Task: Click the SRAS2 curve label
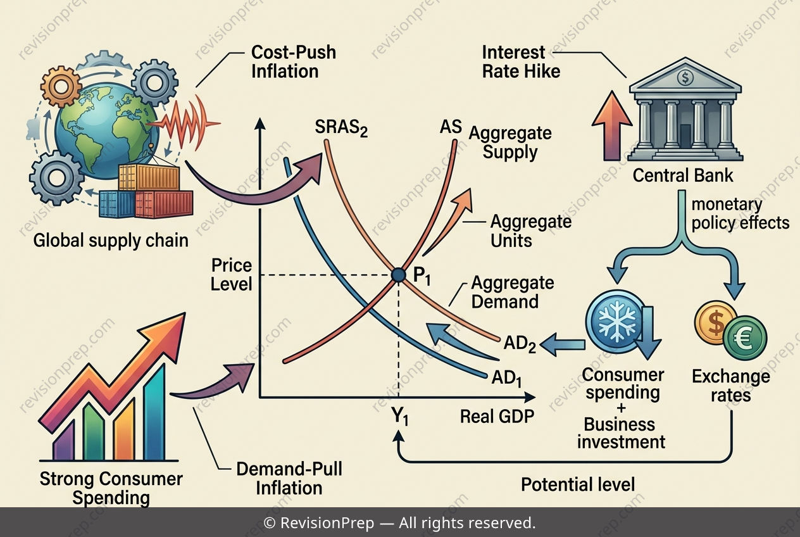coord(341,129)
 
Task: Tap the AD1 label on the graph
coord(507,378)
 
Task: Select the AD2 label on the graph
coord(520,344)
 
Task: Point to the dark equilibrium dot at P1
coord(398,275)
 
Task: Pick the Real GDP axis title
coord(497,417)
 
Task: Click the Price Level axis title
coord(232,275)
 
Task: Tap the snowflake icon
coord(617,320)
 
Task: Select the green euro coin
coord(746,338)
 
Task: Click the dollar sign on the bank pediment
coord(685,77)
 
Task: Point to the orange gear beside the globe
coord(61,86)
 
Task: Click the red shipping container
coord(164,205)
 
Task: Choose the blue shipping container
coord(117,205)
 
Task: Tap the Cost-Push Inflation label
coord(294,62)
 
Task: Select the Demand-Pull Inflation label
coord(289,479)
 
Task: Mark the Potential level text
coord(578,485)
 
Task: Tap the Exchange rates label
coord(731,386)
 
